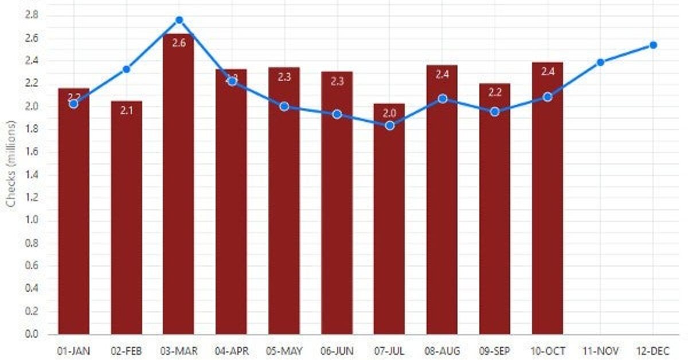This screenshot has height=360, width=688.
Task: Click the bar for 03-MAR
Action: (x=179, y=189)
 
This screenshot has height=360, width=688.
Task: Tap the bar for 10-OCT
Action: (x=548, y=201)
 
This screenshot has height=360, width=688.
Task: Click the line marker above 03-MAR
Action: (x=179, y=20)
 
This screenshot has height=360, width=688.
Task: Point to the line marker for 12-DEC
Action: (x=653, y=45)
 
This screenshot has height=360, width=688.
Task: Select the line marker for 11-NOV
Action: (x=600, y=62)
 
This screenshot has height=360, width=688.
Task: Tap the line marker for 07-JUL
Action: (x=389, y=126)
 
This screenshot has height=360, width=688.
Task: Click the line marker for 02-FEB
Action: (x=126, y=69)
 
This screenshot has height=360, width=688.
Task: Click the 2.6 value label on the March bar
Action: (x=179, y=42)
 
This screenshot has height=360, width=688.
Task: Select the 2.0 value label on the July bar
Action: (x=389, y=113)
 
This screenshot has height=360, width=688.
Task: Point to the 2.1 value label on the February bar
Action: (x=126, y=111)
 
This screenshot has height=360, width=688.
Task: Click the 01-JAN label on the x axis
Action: (x=73, y=350)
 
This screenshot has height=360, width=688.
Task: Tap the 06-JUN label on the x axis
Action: (x=337, y=350)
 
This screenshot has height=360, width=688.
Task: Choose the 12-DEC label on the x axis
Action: (x=653, y=350)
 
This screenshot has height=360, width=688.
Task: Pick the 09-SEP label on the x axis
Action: (x=495, y=350)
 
